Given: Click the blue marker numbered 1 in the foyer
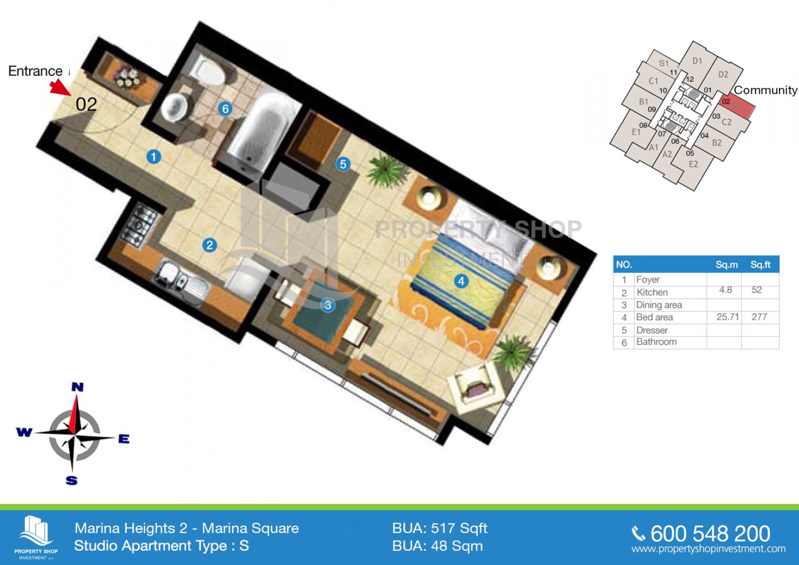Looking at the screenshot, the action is click(154, 157).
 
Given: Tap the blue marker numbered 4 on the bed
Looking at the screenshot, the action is click(461, 281).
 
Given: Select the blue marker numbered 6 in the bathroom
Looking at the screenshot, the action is click(226, 109).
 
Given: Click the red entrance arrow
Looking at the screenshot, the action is click(60, 87).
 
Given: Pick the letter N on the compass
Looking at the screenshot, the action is click(77, 387).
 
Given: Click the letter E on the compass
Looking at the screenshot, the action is click(124, 439).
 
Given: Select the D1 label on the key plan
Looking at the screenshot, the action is click(697, 61).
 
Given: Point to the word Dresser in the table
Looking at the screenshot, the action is click(651, 330).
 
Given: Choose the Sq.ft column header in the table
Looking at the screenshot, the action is click(760, 265).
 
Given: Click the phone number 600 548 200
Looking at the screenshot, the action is click(710, 534).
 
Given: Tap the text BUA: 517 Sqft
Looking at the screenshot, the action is click(440, 528).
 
